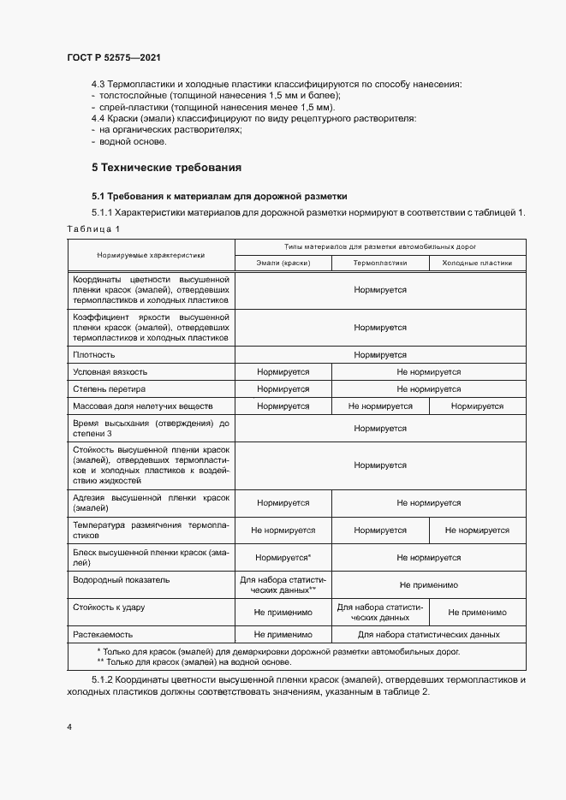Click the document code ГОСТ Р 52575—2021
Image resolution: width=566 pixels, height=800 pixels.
114,57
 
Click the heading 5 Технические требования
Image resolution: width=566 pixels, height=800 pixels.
166,167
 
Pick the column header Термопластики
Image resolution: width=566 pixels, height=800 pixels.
380,264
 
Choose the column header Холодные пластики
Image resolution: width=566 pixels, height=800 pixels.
477,264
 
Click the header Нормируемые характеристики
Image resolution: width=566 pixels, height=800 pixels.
151,255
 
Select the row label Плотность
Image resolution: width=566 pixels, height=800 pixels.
94,354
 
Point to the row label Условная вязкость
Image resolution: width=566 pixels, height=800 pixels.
110,372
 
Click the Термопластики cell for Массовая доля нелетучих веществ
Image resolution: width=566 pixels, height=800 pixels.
380,406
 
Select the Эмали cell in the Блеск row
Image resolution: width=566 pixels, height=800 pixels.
283,558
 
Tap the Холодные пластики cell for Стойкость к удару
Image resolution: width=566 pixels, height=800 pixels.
477,613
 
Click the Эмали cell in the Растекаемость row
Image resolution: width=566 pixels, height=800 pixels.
283,635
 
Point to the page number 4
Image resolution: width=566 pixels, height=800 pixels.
69,727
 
